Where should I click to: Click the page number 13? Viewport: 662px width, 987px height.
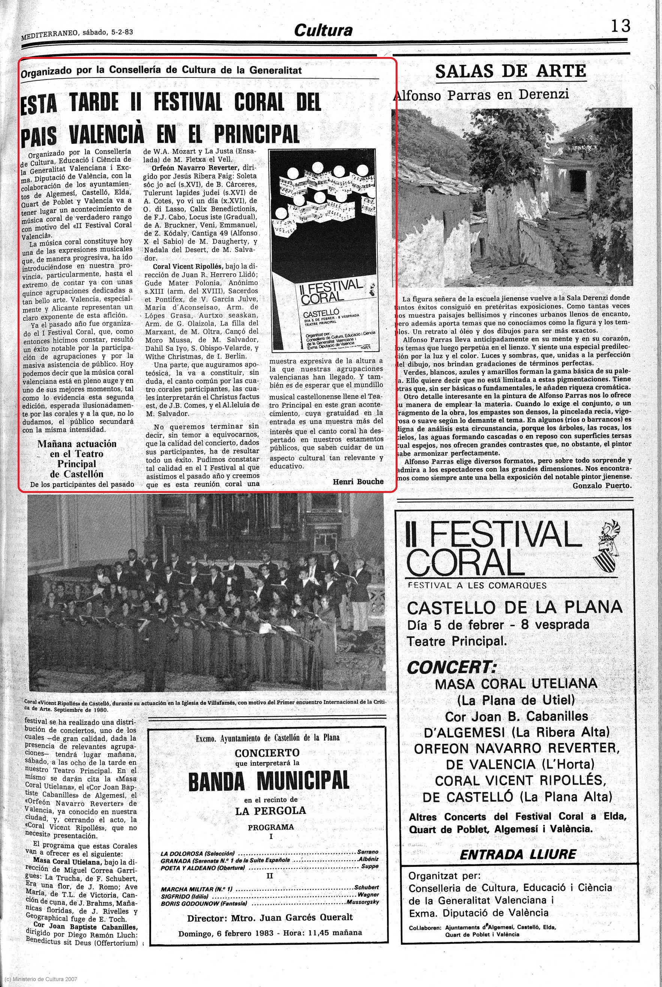click(620, 26)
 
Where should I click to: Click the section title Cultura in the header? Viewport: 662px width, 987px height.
click(323, 30)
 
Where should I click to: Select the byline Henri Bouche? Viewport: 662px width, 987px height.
click(358, 481)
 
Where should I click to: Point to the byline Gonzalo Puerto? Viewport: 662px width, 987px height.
click(602, 486)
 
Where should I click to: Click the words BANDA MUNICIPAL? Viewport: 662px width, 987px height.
click(269, 781)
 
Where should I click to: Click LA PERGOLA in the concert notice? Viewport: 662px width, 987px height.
click(270, 810)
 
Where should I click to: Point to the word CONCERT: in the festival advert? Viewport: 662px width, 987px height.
click(451, 667)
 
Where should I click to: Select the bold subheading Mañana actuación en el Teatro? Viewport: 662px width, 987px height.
click(76, 449)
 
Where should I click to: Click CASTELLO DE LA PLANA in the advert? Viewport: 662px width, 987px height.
click(514, 608)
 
